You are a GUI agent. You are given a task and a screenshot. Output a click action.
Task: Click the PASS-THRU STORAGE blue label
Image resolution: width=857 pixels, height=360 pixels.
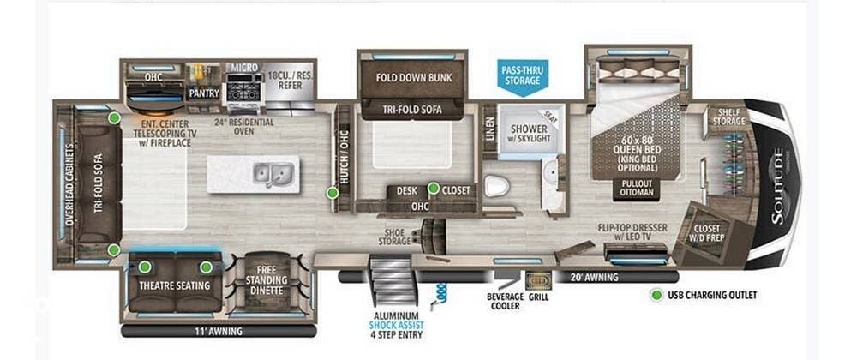tap(521, 75)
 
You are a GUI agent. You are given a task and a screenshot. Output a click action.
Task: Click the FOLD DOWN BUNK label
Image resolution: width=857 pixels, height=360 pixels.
tap(414, 77)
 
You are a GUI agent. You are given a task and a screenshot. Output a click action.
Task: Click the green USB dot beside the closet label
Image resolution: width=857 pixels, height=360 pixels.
tap(434, 189)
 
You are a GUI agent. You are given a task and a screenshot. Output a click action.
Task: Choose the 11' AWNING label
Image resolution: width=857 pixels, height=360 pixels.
tap(219, 331)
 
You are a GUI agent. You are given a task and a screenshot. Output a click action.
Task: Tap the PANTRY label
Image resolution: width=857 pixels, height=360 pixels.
tap(205, 93)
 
